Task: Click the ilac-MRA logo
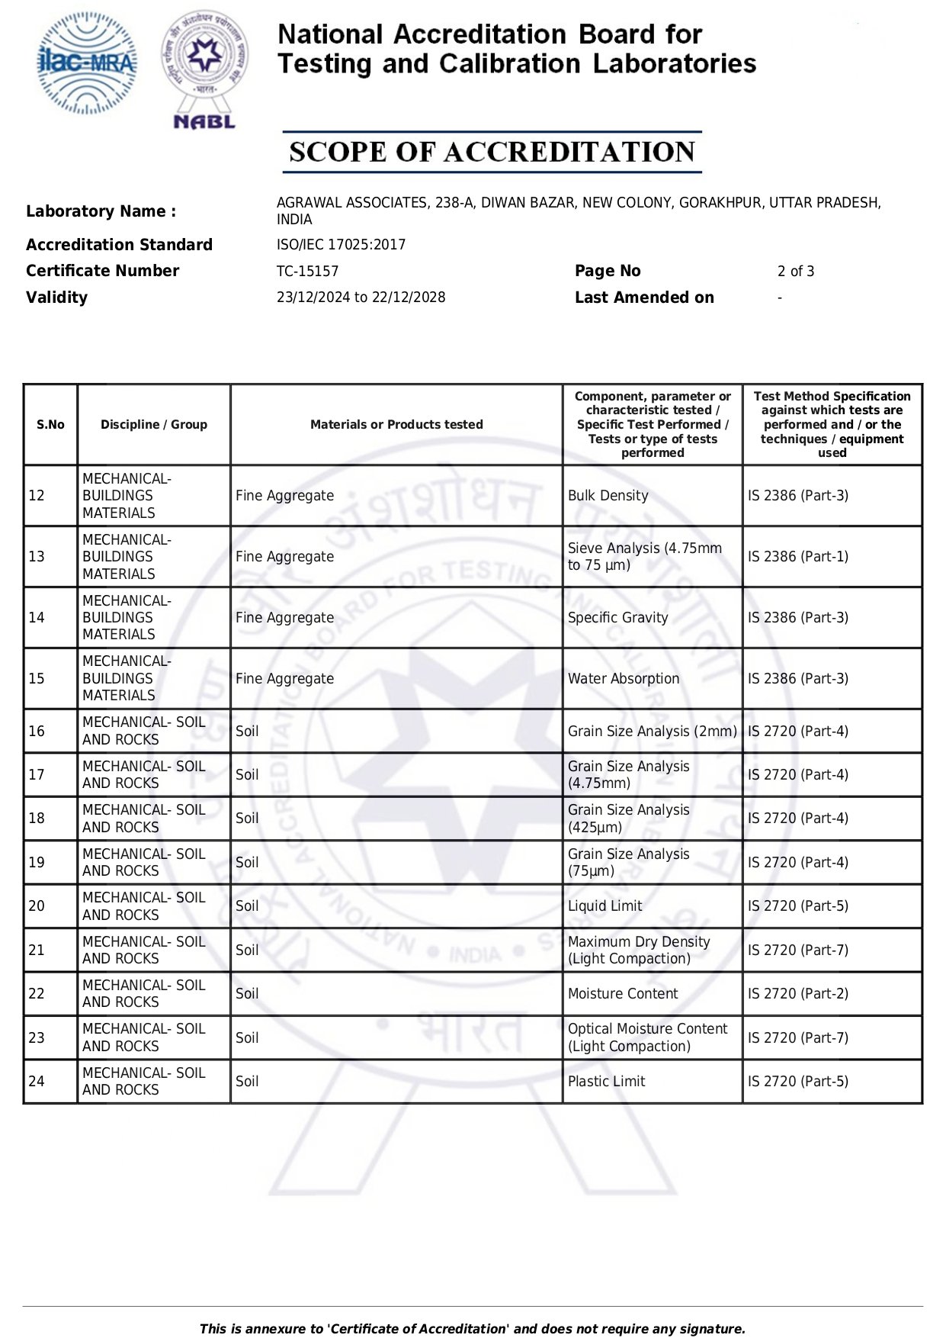88,63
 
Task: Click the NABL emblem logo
204,69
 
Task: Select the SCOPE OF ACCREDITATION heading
492,152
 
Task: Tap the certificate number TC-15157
307,272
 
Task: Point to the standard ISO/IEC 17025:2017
341,245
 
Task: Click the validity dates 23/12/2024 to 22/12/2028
361,298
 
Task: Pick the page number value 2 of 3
795,272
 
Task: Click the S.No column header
50,425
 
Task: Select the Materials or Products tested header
396,425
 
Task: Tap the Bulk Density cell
608,496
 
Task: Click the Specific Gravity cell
617,618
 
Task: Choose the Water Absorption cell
623,679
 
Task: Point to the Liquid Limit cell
604,906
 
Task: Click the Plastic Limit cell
606,1082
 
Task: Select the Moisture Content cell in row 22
622,994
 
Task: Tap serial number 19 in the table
37,863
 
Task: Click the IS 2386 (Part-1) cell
797,557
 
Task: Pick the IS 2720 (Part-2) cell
797,994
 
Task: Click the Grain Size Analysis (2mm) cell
652,732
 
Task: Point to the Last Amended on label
644,298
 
